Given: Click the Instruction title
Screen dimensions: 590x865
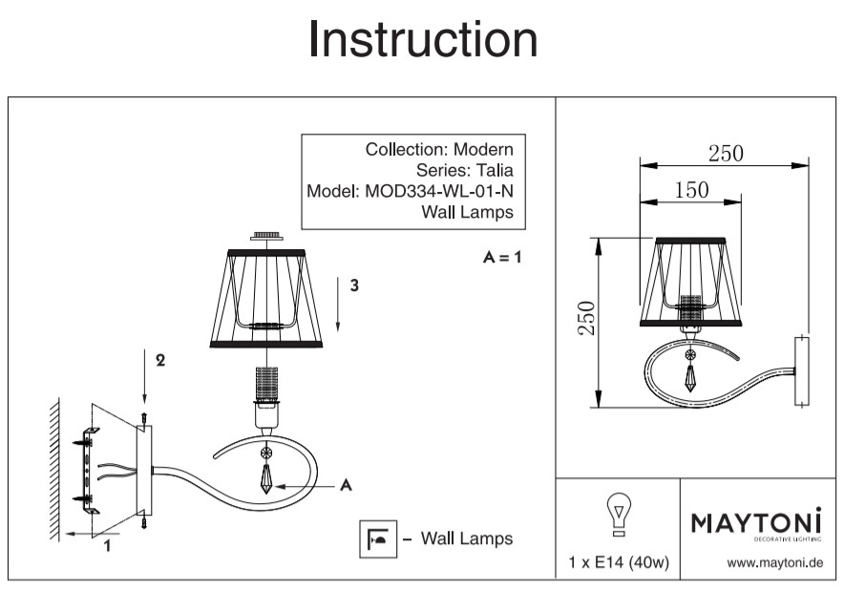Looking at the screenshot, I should click(x=423, y=40).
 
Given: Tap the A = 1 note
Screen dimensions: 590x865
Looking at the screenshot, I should click(x=502, y=258).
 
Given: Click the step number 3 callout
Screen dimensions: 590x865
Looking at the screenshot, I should click(x=354, y=285).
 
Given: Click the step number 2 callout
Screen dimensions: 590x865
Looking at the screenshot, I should click(x=160, y=361).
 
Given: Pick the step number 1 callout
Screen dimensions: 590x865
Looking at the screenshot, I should click(x=107, y=546).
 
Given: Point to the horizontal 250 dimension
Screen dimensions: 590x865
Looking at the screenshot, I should click(x=725, y=153).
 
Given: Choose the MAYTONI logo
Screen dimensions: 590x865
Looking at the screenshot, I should click(x=754, y=523).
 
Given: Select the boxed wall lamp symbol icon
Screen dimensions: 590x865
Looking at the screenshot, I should click(x=374, y=538).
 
